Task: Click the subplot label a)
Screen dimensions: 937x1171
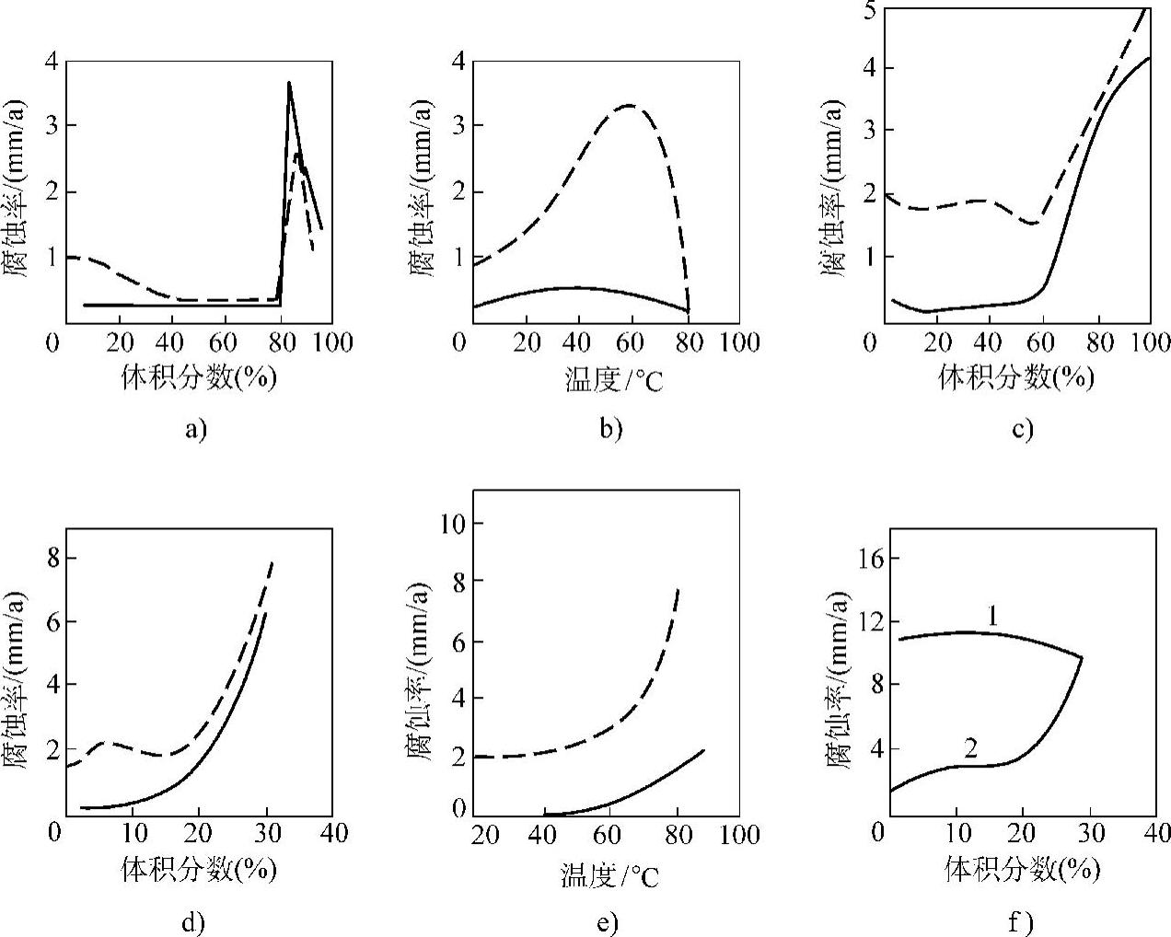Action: [196, 430]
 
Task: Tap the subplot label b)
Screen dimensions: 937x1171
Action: [610, 430]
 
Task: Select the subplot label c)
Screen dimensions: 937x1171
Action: [1022, 430]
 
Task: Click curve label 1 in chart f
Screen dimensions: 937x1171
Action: [992, 616]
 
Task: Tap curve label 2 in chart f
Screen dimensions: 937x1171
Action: [970, 747]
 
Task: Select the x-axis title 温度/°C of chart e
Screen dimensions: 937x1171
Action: [610, 874]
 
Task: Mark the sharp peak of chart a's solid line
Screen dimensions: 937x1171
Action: [289, 82]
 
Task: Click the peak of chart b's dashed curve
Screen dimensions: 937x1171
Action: [629, 105]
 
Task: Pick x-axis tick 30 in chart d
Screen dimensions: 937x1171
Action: [266, 834]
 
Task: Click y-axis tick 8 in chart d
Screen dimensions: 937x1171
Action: [51, 559]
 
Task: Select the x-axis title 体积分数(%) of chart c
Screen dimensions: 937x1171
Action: [1016, 377]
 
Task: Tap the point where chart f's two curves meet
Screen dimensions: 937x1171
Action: [1081, 657]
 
